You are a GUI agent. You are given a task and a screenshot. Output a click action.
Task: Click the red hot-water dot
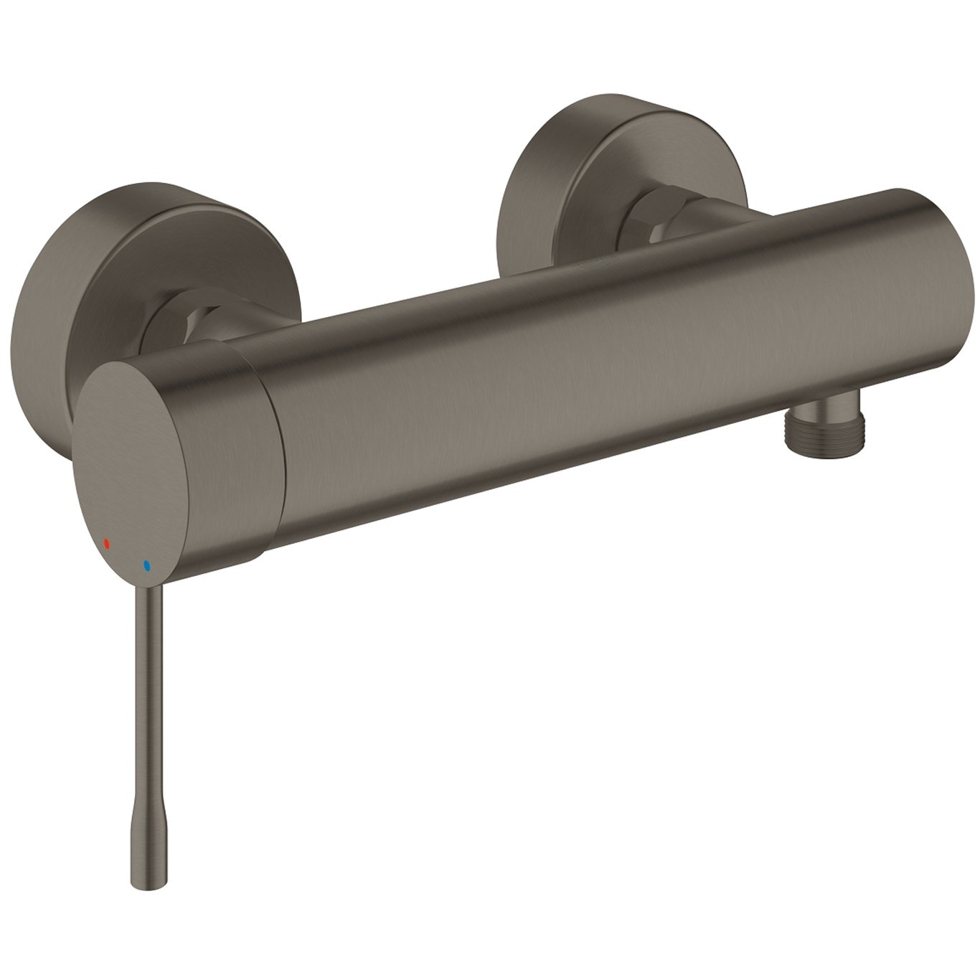pos(107,543)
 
